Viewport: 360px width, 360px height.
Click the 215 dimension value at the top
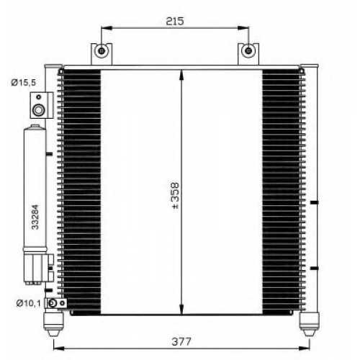point(175,21)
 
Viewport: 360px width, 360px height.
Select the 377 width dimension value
point(181,341)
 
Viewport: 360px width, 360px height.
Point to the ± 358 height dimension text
point(176,196)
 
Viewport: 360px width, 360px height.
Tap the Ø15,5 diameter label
point(23,83)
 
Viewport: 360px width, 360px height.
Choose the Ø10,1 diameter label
point(29,303)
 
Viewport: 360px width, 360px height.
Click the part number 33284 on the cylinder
point(35,217)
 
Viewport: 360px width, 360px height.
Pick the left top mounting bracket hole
point(102,51)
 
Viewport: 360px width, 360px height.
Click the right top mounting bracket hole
point(248,50)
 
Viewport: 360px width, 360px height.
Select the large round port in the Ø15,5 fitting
point(38,110)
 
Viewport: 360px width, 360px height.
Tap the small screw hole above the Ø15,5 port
point(38,97)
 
